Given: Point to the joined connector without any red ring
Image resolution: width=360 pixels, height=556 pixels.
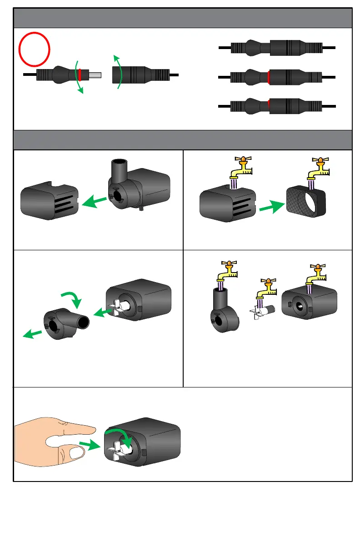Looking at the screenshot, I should click(277, 47).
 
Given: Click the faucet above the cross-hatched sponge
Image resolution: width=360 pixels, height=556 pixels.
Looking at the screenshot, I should click(318, 170).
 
